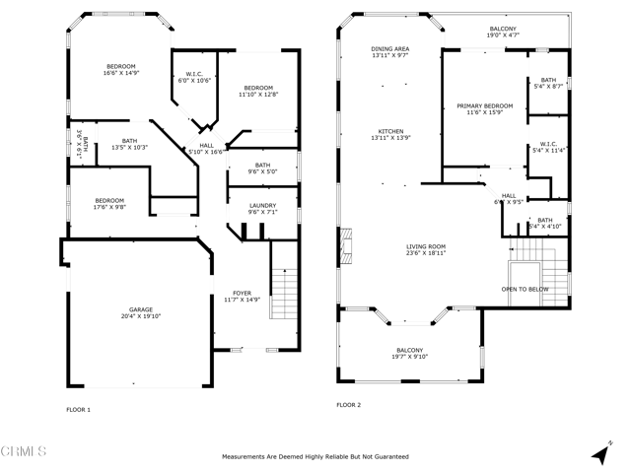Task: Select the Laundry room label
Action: click(x=262, y=209)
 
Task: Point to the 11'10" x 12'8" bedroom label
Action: click(x=258, y=91)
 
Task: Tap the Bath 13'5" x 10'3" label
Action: click(x=122, y=144)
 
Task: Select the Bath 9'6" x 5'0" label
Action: click(x=262, y=169)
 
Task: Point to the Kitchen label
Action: click(x=391, y=135)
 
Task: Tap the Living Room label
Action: click(x=427, y=250)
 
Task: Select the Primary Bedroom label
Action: click(x=484, y=108)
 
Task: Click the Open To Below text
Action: click(x=525, y=290)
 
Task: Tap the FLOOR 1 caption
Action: click(x=78, y=409)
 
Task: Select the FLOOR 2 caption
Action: click(x=349, y=405)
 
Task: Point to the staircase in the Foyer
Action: click(x=284, y=292)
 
